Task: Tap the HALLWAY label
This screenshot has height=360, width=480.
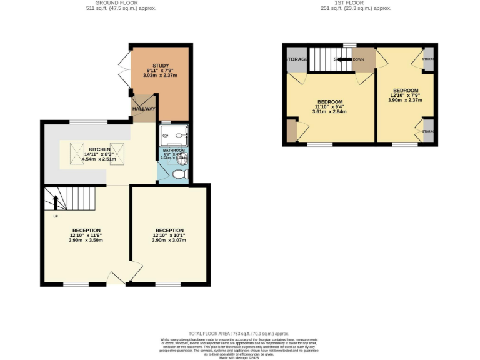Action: pos(143,107)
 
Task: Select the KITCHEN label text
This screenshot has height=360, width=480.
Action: pos(99,149)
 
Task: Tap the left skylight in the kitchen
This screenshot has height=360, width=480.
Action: pos(78,151)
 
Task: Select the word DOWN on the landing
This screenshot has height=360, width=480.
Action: pos(358,59)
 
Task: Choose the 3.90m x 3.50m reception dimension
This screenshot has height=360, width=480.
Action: pos(86,240)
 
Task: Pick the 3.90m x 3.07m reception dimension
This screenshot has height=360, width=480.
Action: pos(169,240)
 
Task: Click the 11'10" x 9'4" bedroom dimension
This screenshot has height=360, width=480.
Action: pos(329,107)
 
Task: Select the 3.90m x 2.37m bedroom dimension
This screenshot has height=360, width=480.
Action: pos(405,100)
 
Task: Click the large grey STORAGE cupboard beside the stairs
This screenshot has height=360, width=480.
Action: pos(296,59)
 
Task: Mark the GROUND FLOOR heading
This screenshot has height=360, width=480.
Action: pos(121,3)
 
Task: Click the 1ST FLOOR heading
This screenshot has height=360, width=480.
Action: pos(356,3)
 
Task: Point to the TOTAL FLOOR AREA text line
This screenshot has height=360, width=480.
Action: pos(240,334)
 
